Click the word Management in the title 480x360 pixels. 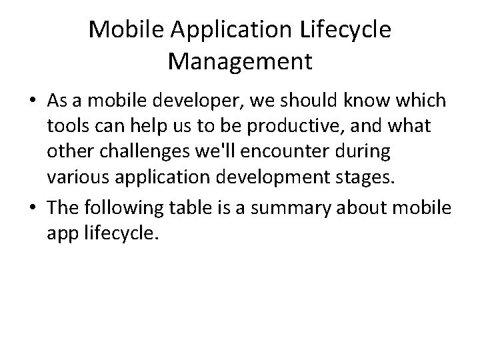pyautogui.click(x=240, y=61)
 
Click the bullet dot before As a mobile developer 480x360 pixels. pyautogui.click(x=31, y=102)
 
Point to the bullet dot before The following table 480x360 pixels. pyautogui.click(x=31, y=208)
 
